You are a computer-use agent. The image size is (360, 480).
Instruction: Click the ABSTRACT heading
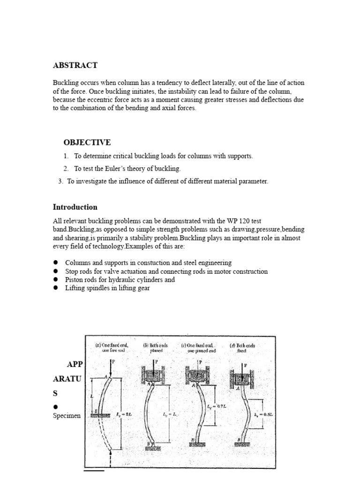[75, 65]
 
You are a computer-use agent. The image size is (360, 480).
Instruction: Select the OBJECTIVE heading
[87, 142]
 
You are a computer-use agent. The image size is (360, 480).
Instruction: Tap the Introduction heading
[75, 207]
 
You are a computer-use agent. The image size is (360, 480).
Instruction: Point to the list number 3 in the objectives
[60, 181]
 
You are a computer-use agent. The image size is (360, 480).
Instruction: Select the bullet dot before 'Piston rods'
[55, 279]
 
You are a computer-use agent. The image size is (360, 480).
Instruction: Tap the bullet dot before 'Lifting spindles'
[55, 288]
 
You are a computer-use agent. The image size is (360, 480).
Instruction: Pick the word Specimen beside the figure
[67, 415]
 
